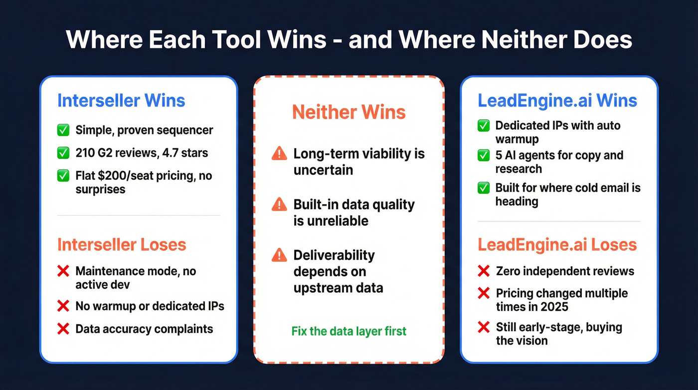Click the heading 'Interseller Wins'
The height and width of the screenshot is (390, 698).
pyautogui.click(x=121, y=100)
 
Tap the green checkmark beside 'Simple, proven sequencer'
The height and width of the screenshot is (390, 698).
pyautogui.click(x=63, y=130)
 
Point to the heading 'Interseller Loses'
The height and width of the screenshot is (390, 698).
pyautogui.click(x=122, y=245)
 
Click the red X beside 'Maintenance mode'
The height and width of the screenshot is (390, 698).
pyautogui.click(x=63, y=271)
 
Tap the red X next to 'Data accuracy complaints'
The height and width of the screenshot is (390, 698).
pyautogui.click(x=63, y=329)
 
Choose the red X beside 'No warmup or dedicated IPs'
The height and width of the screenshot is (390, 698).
pyautogui.click(x=63, y=306)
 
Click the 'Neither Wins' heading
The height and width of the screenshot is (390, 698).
pyautogui.click(x=349, y=112)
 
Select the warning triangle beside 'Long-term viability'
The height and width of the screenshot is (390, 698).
pyautogui.click(x=279, y=154)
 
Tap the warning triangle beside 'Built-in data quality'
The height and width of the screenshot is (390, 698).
pyautogui.click(x=279, y=205)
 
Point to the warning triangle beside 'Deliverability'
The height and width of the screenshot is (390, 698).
pyautogui.click(x=279, y=255)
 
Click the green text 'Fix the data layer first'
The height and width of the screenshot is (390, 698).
pyautogui.click(x=349, y=331)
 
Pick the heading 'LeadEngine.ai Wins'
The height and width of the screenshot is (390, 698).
pyautogui.click(x=557, y=100)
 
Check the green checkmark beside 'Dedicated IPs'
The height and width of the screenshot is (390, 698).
pyautogui.click(x=484, y=125)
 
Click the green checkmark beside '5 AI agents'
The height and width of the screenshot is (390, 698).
pyautogui.click(x=484, y=155)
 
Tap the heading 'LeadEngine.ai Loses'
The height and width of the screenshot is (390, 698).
pyautogui.click(x=557, y=245)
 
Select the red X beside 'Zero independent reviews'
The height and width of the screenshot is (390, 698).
pyautogui.click(x=484, y=271)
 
